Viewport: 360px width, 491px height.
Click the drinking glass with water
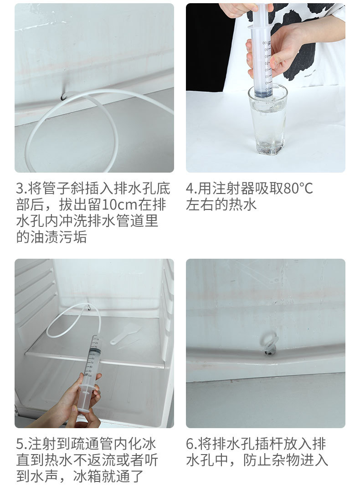(268, 119)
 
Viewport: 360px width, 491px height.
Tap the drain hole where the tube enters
(64, 96)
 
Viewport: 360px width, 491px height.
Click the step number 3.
(20, 188)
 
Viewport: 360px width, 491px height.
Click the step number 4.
(190, 188)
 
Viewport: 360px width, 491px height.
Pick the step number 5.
(20, 444)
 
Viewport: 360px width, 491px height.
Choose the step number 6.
(190, 444)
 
